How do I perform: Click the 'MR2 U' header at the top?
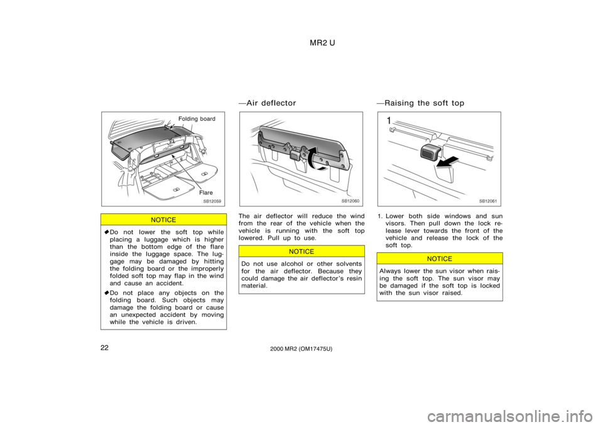pyautogui.click(x=322, y=43)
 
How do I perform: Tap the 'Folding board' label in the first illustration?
pyautogui.click(x=197, y=119)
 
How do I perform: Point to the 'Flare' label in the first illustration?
pyautogui.click(x=206, y=192)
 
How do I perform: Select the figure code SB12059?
pyautogui.click(x=212, y=201)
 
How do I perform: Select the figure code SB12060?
pyautogui.click(x=350, y=201)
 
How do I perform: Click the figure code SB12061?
pyautogui.click(x=487, y=201)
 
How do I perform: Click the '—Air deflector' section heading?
pyautogui.click(x=268, y=103)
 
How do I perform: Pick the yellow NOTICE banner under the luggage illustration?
pyautogui.click(x=163, y=219)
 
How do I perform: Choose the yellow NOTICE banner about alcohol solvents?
pyautogui.click(x=301, y=252)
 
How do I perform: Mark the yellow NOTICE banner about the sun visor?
pyautogui.click(x=440, y=258)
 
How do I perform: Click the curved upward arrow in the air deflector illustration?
pyautogui.click(x=315, y=157)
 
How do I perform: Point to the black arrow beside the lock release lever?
pyautogui.click(x=448, y=162)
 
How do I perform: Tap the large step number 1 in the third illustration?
pyautogui.click(x=389, y=121)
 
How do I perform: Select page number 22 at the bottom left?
pyautogui.click(x=105, y=348)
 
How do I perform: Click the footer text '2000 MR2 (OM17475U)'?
pyautogui.click(x=301, y=349)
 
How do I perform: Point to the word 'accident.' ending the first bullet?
pyautogui.click(x=170, y=284)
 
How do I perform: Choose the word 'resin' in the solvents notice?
pyautogui.click(x=354, y=279)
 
